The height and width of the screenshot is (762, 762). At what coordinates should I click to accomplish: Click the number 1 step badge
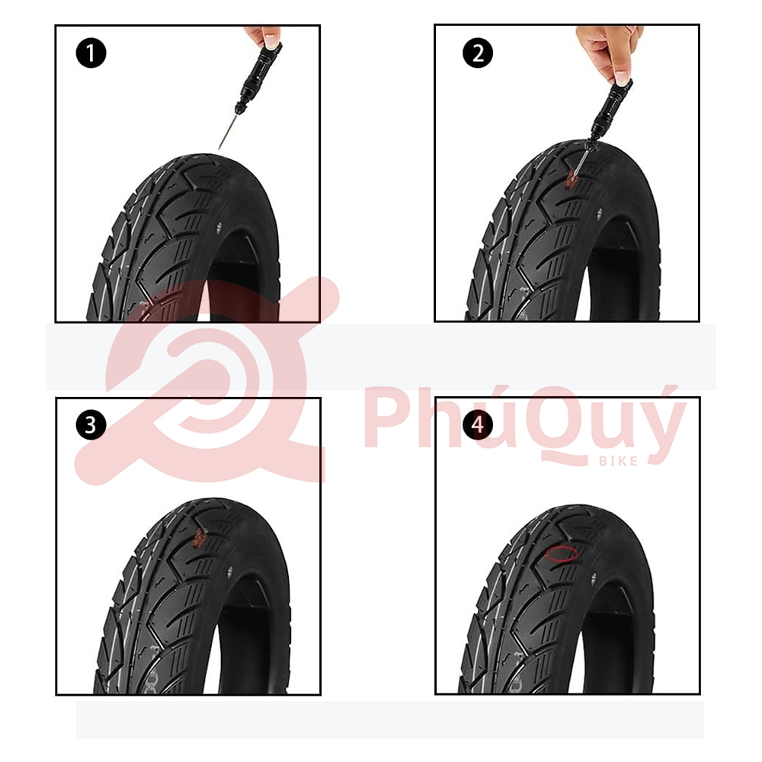91,53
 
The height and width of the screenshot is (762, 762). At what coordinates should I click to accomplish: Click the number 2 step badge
477,53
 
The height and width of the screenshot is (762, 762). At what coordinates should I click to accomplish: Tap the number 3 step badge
91,424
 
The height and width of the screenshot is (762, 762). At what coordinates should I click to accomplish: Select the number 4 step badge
477,424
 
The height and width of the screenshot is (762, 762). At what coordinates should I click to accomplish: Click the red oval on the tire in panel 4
562,554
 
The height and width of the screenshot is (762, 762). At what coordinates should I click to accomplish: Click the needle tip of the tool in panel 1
219,149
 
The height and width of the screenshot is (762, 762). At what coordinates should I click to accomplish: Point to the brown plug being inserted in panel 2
569,179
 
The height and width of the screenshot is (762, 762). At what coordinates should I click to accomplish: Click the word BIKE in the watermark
618,461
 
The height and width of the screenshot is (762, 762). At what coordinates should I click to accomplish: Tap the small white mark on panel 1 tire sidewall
219,226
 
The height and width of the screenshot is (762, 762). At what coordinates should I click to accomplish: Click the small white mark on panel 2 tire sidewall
600,213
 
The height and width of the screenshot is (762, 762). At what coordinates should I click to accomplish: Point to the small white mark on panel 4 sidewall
594,578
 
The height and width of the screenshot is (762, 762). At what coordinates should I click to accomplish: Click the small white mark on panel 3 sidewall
229,571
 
